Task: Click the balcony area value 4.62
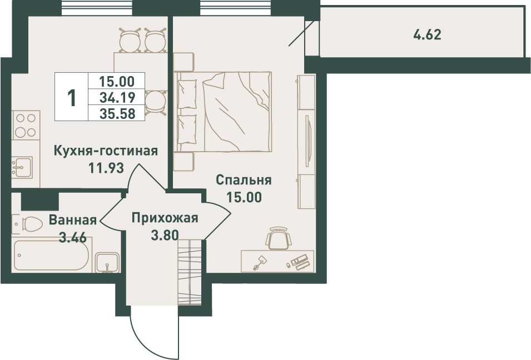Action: pos(428,35)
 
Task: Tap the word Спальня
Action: pos(244,181)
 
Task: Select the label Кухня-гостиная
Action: pos(106,151)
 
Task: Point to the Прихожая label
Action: pos(165,218)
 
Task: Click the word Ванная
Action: pos(73,220)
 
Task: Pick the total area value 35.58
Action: pos(117,114)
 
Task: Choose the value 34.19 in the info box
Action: pos(117,97)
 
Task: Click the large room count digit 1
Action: pos(72,98)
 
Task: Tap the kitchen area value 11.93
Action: pos(106,168)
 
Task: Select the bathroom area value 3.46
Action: pos(73,237)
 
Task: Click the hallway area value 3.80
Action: pos(165,235)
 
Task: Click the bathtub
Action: pos(52,254)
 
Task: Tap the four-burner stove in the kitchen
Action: pos(26,125)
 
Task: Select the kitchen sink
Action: pos(22,167)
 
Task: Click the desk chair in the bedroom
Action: pos(279,238)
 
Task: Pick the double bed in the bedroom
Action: pos(224,111)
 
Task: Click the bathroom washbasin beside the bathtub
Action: pos(107,263)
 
